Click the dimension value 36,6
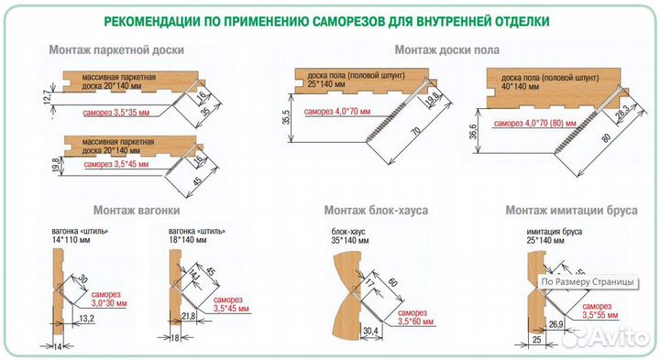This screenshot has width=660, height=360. click(x=474, y=130)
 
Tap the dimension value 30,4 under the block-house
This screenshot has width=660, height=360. click(x=371, y=329)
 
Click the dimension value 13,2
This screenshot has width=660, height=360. click(x=87, y=318)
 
